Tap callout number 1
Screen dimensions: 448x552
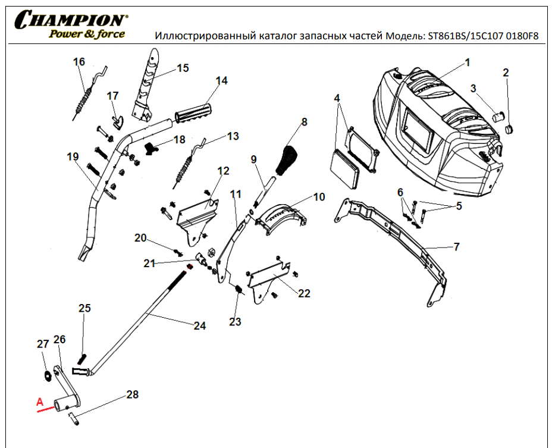[468, 62]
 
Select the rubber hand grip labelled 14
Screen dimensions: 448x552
[194, 111]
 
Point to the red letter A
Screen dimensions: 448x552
[40, 402]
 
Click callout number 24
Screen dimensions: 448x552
[199, 325]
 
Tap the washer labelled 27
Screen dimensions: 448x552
[45, 375]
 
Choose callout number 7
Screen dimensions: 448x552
[457, 246]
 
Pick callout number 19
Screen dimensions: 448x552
[73, 157]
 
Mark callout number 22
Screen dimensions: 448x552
[304, 293]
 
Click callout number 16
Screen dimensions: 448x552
[79, 62]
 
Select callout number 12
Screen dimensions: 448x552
[223, 171]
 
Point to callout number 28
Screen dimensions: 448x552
[132, 394]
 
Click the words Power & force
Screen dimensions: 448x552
[87, 34]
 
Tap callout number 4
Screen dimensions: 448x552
[337, 98]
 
